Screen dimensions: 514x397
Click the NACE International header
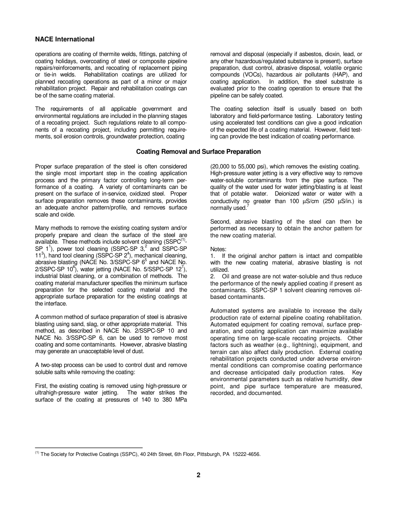(x=65, y=39)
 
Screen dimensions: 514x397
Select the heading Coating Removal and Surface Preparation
(x=198, y=152)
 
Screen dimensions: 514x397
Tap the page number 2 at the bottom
(x=198, y=475)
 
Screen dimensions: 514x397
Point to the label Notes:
(x=219, y=249)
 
